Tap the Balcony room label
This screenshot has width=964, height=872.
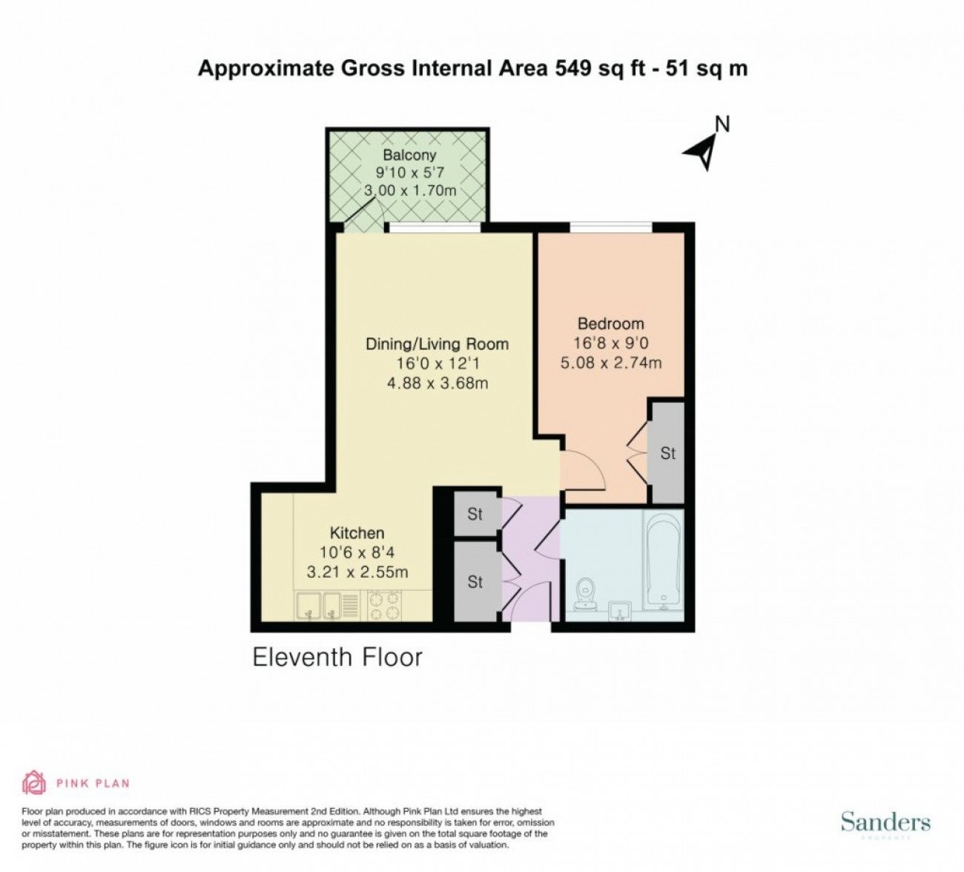tap(409, 155)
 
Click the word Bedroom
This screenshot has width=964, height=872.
tap(611, 323)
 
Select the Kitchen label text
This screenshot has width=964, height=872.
tap(357, 532)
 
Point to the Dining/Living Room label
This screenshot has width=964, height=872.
tap(438, 344)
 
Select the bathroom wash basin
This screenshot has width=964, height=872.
tap(621, 611)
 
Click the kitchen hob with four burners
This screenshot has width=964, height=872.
tap(384, 606)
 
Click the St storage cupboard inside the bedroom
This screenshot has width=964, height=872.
tap(667, 453)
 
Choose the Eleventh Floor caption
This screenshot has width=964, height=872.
tap(337, 657)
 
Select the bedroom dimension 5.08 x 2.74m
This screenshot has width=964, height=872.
tap(611, 363)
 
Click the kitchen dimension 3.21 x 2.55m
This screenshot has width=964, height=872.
tap(357, 572)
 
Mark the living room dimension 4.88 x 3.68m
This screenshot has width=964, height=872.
tap(438, 383)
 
